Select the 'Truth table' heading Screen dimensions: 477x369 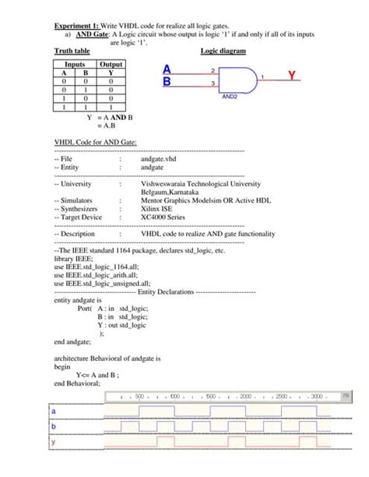73,51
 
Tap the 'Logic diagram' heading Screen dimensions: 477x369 223,51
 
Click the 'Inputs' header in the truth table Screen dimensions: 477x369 75,65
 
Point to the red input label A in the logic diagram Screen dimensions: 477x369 167,69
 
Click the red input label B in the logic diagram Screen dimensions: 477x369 167,81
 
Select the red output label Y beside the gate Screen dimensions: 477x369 291,76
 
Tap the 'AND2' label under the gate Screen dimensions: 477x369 230,97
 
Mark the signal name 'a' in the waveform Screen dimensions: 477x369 54,411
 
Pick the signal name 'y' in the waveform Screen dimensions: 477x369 54,442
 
